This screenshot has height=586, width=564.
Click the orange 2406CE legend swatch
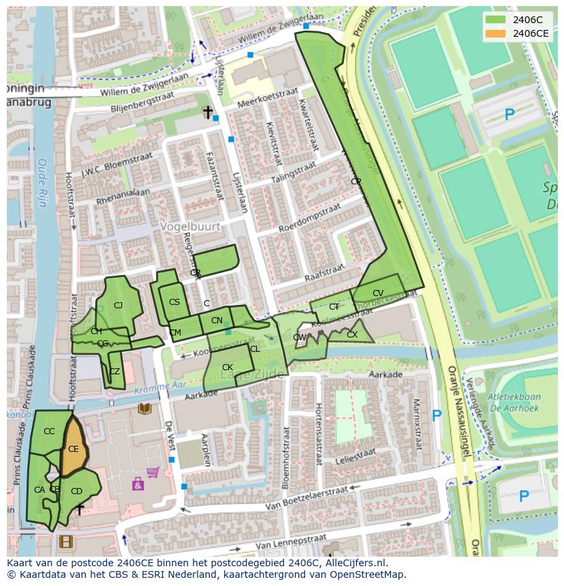[495, 33]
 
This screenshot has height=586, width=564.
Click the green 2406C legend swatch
[495, 20]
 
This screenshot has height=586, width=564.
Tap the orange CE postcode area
[73, 449]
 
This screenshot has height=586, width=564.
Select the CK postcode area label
[228, 368]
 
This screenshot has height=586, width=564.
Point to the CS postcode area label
[174, 302]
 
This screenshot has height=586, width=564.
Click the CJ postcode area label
[118, 306]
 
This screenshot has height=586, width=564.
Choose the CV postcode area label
[378, 293]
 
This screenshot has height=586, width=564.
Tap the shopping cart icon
[153, 472]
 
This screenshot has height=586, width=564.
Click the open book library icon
[144, 408]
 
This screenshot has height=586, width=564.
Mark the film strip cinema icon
[65, 542]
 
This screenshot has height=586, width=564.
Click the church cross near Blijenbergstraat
[208, 112]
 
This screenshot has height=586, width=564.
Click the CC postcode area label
[49, 432]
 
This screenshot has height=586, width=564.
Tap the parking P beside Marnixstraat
[437, 415]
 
